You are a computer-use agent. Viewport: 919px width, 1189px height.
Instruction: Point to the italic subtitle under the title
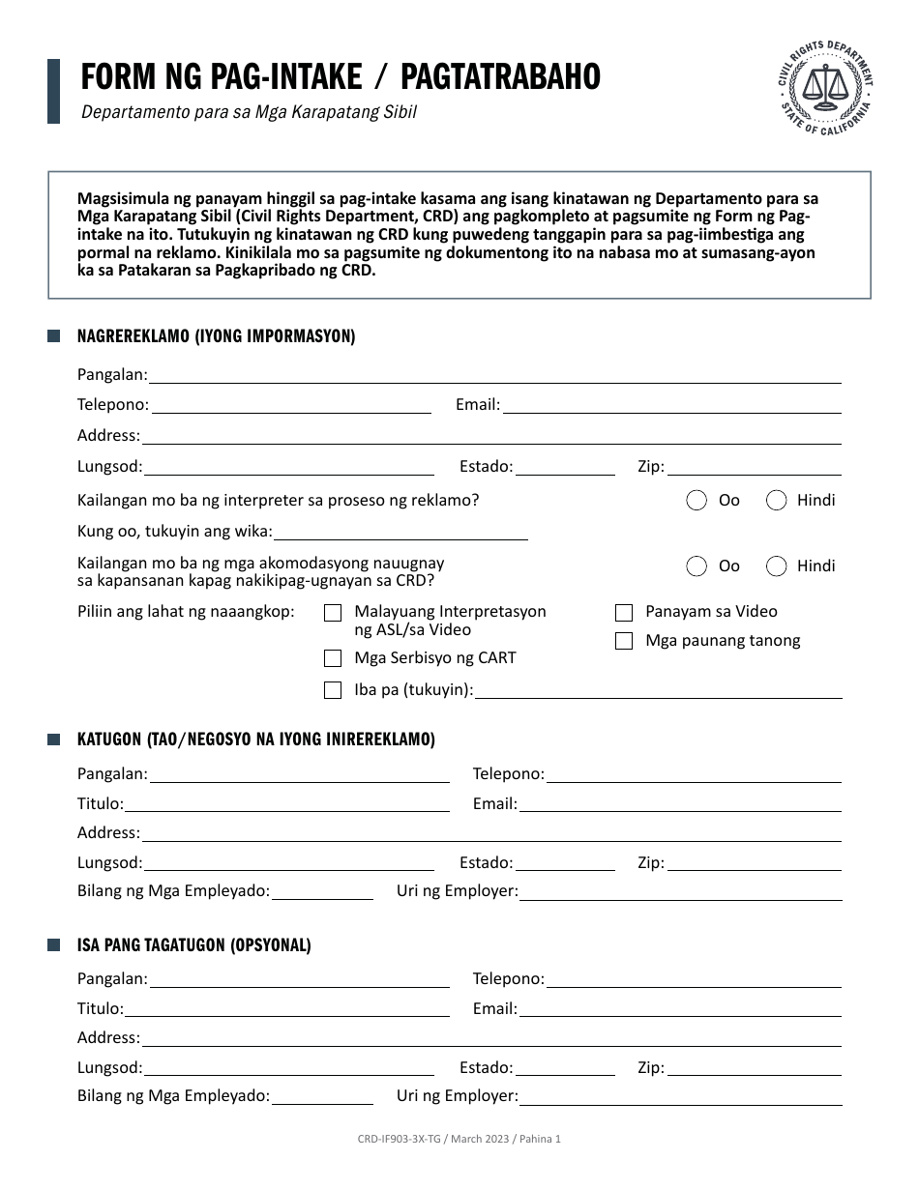point(249,111)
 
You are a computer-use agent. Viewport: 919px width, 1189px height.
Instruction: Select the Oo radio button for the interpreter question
point(697,500)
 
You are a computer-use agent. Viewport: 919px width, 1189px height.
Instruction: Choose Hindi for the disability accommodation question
point(776,565)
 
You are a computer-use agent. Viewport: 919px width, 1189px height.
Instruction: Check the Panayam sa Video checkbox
point(624,612)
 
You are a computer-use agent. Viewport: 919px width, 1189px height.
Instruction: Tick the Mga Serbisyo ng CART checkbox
point(333,658)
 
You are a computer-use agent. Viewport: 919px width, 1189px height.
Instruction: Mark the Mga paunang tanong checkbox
point(624,641)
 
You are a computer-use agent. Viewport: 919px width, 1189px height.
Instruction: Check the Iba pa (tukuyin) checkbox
point(333,690)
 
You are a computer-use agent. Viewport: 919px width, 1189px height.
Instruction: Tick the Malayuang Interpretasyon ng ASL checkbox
point(333,612)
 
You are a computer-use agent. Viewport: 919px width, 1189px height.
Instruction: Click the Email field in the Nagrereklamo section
point(671,405)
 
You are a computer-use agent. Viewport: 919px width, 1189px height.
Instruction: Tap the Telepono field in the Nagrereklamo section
point(290,405)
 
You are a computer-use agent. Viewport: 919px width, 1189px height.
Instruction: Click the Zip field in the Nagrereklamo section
point(754,467)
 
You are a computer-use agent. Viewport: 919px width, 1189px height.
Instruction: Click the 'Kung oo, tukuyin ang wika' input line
point(401,531)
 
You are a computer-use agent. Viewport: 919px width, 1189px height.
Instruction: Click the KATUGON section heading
point(256,739)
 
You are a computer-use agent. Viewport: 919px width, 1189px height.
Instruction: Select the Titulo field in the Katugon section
point(287,803)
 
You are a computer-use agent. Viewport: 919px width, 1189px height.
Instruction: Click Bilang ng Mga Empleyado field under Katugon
point(322,891)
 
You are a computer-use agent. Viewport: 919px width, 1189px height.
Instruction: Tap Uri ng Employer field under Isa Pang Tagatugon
point(681,1096)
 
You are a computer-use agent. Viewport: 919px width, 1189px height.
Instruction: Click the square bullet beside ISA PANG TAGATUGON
point(54,945)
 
